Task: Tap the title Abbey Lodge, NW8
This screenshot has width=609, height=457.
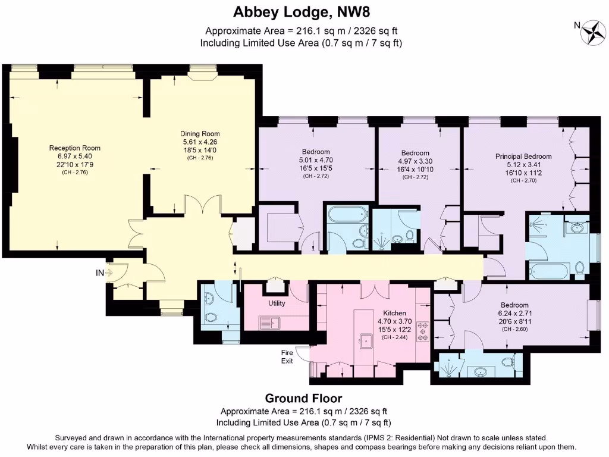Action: click(x=304, y=12)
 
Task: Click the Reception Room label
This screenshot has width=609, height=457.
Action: click(x=74, y=148)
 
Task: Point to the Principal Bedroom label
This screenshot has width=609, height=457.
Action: click(x=523, y=156)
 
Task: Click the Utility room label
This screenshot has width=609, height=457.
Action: click(x=277, y=303)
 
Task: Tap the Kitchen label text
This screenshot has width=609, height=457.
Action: click(x=394, y=313)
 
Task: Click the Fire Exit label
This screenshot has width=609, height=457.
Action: click(x=287, y=356)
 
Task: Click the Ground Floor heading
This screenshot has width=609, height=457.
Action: click(x=303, y=398)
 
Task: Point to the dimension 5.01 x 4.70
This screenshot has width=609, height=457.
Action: click(x=315, y=160)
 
